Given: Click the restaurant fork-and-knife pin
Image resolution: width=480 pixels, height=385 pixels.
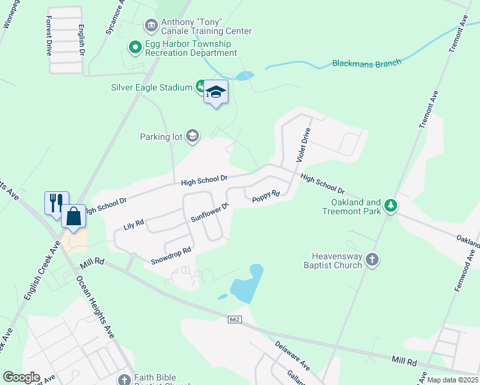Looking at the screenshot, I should tap(56, 203).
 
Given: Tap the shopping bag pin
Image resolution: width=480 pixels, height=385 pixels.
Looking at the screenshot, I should tap(74, 216).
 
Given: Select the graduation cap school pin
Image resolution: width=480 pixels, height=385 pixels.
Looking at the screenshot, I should tap(216, 92).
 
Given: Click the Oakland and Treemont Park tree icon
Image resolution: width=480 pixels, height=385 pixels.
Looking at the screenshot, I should tap(390, 206).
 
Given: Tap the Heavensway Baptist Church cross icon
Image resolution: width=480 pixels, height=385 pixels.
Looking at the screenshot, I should tap(372, 260).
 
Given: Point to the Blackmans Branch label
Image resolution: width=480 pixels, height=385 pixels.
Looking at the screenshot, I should tap(366, 63).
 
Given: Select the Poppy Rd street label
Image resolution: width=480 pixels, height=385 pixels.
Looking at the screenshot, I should tap(266, 196).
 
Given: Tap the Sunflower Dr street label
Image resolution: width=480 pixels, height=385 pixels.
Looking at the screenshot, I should tap(210, 214).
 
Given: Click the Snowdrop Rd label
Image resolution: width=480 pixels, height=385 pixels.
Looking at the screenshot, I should tap(171, 256).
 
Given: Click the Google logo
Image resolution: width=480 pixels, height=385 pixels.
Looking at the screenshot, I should tap(21, 377).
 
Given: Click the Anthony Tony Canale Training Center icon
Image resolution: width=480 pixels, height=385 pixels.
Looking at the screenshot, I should tap(151, 26).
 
